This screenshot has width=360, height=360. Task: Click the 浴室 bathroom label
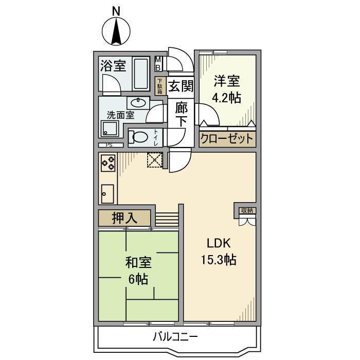[x=113, y=66]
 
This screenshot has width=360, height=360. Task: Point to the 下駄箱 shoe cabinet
[x=160, y=85]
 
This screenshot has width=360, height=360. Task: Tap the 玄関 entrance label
[x=180, y=86]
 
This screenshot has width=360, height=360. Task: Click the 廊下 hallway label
[x=181, y=114]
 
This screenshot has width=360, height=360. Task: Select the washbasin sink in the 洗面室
[x=137, y=102]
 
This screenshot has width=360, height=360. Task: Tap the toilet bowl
[x=138, y=137]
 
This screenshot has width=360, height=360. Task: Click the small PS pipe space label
[x=109, y=145]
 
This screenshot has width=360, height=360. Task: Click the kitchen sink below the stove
[x=107, y=194]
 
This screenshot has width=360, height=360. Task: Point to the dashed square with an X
[x=154, y=160]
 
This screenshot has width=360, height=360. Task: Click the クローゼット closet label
[x=227, y=139]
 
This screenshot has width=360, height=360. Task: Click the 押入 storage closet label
[x=124, y=218]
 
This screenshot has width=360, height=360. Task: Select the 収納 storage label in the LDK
[x=246, y=210]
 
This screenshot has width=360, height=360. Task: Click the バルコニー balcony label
[x=175, y=337]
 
